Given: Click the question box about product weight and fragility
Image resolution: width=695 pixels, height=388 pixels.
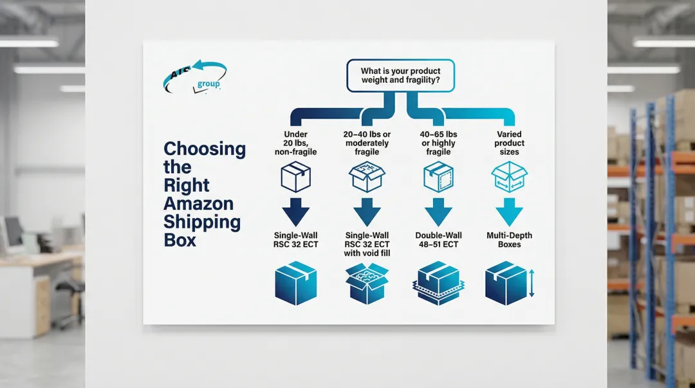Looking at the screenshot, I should (400, 75).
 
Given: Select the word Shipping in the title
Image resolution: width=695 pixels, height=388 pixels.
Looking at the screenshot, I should (202, 223).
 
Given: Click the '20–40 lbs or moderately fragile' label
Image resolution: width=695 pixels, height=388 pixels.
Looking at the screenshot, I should (367, 143).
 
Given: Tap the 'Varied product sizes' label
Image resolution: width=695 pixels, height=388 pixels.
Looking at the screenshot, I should (509, 143).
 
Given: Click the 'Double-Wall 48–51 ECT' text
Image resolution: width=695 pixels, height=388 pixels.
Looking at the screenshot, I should (439, 240).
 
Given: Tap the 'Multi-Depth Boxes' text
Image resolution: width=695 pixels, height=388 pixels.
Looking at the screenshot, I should (509, 240).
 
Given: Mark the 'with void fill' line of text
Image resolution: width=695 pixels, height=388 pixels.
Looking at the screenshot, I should (367, 254).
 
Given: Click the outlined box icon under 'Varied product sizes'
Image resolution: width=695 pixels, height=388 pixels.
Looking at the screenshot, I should (509, 176).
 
